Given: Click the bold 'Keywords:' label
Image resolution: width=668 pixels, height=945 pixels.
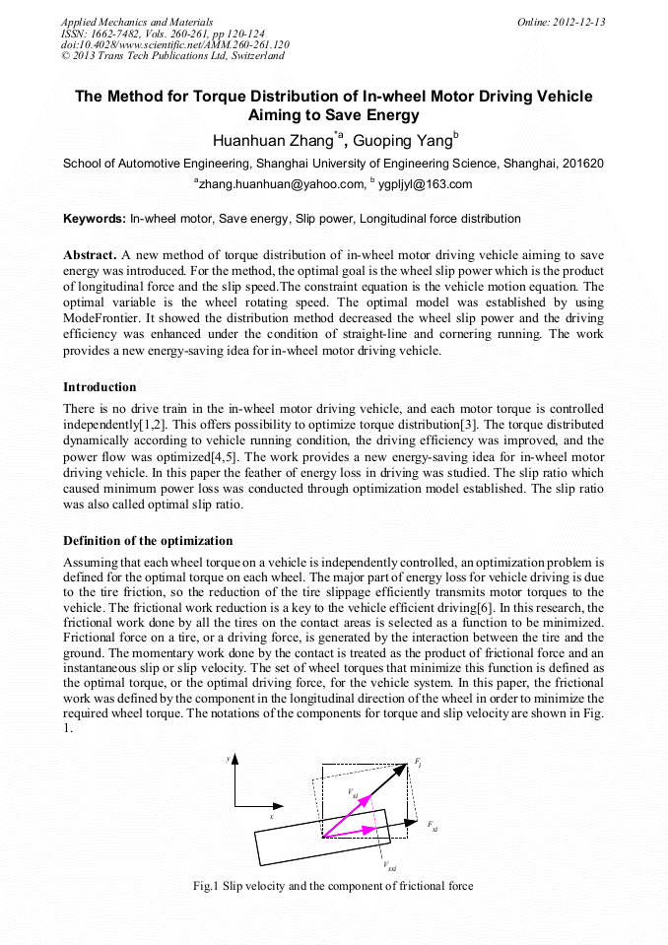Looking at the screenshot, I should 95,218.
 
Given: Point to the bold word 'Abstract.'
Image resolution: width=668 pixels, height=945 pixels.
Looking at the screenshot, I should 92,254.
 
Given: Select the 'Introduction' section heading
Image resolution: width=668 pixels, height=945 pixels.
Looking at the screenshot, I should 100,387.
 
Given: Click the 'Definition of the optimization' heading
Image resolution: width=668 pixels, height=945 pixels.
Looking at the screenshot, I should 148,541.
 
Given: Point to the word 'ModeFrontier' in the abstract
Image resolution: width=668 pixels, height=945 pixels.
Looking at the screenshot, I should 102,320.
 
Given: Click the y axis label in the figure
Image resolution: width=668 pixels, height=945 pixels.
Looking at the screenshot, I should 228,759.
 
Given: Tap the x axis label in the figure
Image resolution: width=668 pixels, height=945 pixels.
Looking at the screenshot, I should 272,816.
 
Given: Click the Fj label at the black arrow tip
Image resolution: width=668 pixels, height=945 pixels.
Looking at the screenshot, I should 419,764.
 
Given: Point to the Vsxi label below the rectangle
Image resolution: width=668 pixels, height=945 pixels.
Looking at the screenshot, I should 390,866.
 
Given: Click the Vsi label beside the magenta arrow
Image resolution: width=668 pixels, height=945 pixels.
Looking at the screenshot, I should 354,793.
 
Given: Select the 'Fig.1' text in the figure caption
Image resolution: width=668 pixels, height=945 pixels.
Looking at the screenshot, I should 207,886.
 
